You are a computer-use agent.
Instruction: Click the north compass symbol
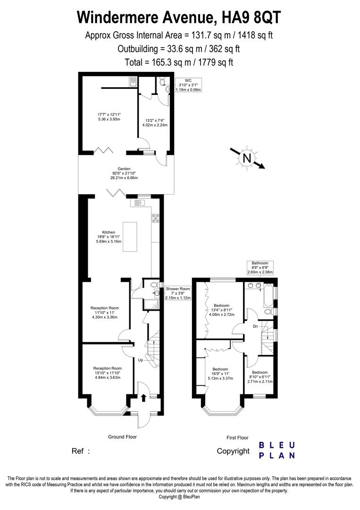247,158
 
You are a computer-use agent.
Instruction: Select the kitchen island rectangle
130,238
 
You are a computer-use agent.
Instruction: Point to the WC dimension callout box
188,85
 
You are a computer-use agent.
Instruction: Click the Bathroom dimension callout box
260,268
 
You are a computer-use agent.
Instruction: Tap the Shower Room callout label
178,293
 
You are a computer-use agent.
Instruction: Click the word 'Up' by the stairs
140,360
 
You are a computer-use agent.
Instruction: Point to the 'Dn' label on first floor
255,326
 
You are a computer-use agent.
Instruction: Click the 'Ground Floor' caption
122,437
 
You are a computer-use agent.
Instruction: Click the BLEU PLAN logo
277,450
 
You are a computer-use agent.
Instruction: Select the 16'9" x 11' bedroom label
220,374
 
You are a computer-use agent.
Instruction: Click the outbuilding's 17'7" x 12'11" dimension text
109,117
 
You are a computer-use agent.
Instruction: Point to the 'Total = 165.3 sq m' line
179,62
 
